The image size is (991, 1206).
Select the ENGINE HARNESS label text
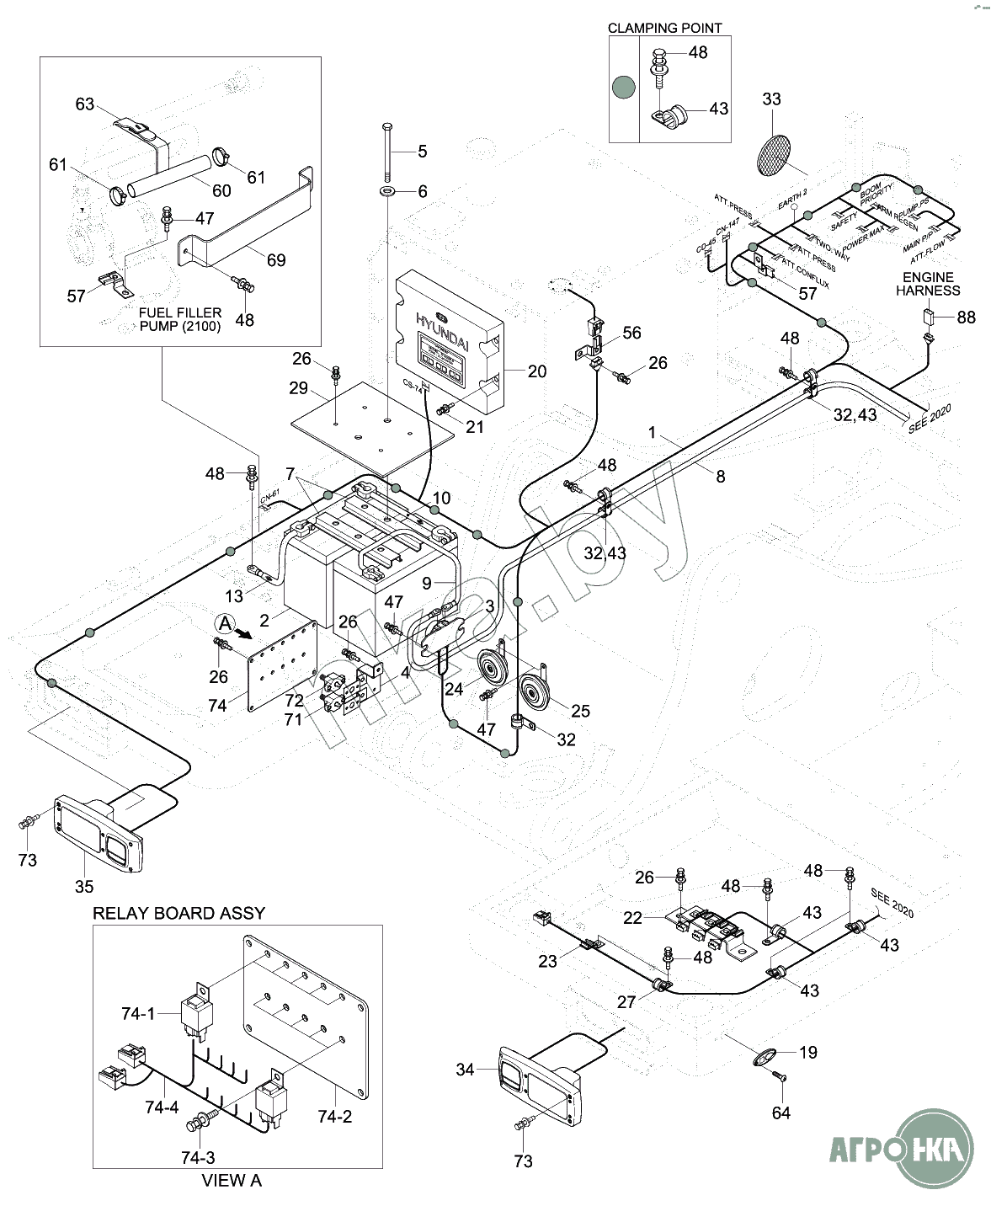pos(927,284)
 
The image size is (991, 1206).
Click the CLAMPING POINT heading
pos(664,28)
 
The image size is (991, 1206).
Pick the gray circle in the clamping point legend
pos(624,85)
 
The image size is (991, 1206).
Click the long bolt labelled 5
pos(386,152)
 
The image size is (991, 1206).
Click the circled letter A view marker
pos(223,623)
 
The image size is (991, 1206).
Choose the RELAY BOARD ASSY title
pos(178,913)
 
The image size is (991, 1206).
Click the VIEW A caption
pos(232,1181)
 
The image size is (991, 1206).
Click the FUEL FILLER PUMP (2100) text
pos(180,319)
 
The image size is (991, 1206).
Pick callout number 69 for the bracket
pos(276,260)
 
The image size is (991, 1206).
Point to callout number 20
pos(536,371)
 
